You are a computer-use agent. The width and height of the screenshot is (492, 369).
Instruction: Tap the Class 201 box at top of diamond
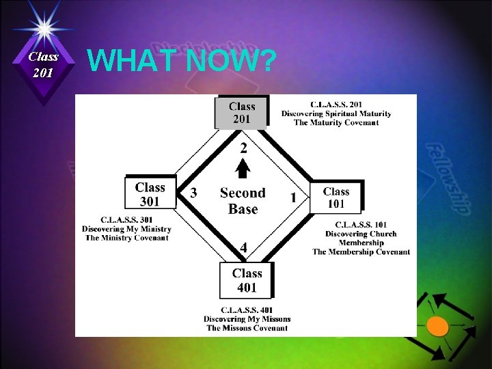[242, 113]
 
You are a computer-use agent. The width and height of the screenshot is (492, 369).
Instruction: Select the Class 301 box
[150, 193]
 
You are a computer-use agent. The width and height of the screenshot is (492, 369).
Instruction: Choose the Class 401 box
[247, 280]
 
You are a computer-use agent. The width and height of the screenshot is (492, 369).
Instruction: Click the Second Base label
[243, 201]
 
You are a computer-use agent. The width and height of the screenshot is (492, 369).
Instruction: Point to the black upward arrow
[243, 168]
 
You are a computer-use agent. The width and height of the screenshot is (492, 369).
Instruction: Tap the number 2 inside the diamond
[243, 148]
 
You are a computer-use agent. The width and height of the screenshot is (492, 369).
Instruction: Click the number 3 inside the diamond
[193, 193]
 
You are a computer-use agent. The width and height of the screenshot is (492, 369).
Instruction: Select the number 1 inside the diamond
[293, 197]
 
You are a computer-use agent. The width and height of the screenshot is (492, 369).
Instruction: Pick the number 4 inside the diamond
[243, 247]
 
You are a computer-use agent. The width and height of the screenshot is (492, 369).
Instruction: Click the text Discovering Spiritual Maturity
[336, 113]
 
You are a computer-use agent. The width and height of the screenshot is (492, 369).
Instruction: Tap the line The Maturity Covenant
[336, 122]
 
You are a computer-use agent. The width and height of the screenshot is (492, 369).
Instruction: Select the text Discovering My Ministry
[126, 229]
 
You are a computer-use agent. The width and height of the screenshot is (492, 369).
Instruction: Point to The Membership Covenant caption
[361, 251]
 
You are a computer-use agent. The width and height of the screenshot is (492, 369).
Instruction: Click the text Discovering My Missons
[247, 319]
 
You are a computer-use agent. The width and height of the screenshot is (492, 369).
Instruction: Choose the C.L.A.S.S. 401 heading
[247, 310]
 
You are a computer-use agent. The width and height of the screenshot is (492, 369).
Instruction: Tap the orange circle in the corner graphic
[437, 327]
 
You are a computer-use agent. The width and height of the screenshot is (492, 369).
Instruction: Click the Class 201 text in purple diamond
[44, 65]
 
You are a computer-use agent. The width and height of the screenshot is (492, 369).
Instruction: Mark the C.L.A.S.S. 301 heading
[126, 220]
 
